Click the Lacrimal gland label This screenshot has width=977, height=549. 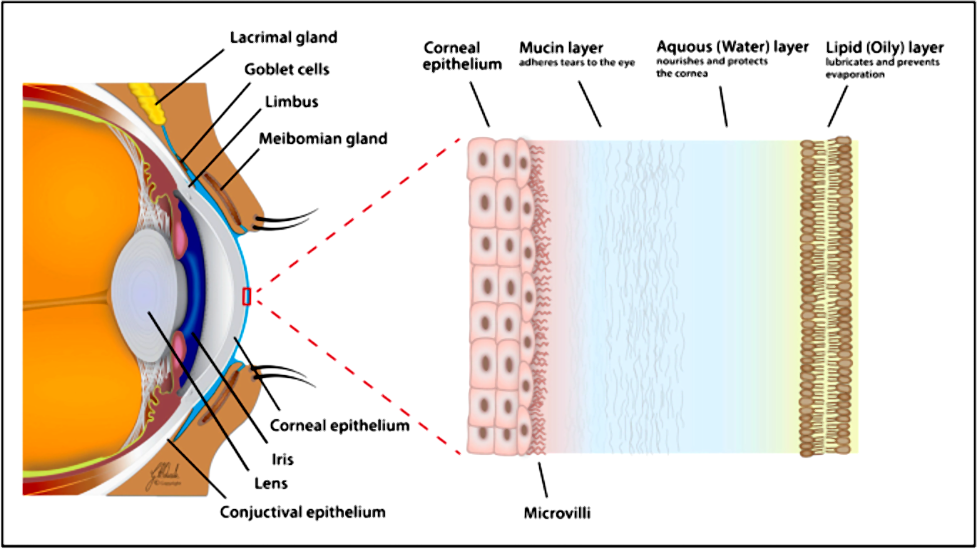[283, 36]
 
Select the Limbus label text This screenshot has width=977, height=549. [292, 102]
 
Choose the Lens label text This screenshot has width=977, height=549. [270, 484]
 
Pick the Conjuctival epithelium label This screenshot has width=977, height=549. [302, 512]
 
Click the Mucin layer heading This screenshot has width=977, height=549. [561, 48]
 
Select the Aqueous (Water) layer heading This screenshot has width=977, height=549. [732, 47]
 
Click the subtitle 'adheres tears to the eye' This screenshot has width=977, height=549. [577, 63]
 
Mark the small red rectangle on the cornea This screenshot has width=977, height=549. [247, 297]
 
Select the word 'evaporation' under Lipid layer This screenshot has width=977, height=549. [855, 74]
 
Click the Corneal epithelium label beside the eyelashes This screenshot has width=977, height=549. [340, 426]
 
